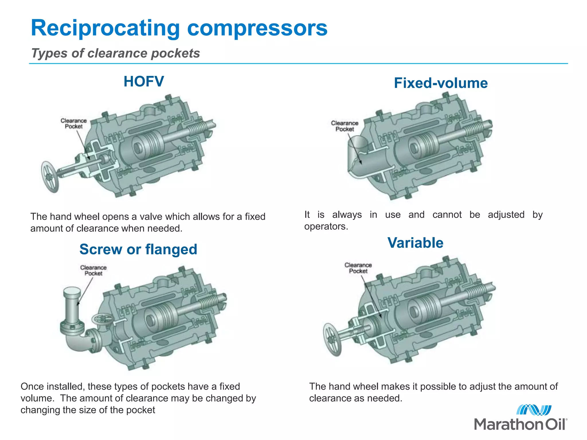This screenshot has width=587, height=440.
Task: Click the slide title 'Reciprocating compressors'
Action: pos(179,28)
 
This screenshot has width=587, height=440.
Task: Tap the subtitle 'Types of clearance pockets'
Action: pos(116,53)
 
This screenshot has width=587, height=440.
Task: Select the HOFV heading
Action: pos(144,81)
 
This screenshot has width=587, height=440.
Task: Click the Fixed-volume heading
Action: pos(441,83)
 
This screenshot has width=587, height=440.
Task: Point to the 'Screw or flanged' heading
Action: pos(138,249)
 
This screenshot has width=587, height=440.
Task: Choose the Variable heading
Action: pos(415,243)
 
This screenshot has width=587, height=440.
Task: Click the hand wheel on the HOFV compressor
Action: pos(50,177)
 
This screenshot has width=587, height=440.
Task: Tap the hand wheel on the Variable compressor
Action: pos(332,340)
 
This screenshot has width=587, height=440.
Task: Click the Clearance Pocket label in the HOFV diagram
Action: pos(73,123)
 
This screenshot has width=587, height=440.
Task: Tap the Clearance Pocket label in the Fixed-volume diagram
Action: pos(345,126)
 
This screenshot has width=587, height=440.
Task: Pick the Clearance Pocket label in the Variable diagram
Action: pos(358,268)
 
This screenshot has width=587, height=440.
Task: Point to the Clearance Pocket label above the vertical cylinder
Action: pos(93,270)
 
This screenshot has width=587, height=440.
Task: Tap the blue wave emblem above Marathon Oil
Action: pos(534,410)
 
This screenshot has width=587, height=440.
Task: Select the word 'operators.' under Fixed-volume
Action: pos(326,227)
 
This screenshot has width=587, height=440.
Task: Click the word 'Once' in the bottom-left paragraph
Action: pos(31,387)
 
